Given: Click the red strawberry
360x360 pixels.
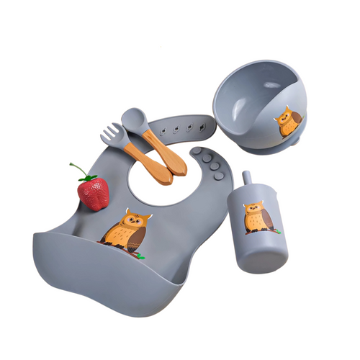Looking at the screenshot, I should pos(94,192).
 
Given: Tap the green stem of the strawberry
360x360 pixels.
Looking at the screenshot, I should pos(81,173).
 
